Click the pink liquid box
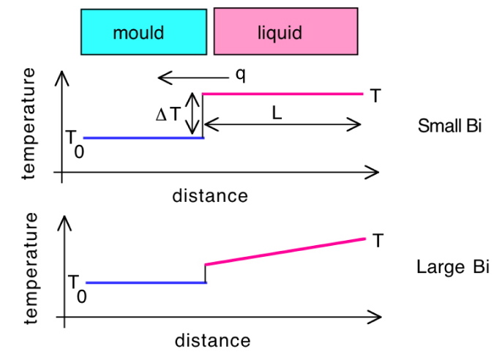(285, 32)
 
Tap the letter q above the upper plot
(240, 75)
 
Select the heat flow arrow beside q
(190, 76)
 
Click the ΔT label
(168, 114)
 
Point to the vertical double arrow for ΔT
(192, 114)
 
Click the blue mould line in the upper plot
(143, 138)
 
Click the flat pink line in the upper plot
(282, 94)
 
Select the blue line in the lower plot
(146, 282)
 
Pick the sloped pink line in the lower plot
(285, 251)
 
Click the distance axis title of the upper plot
(210, 196)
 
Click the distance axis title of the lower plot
(212, 341)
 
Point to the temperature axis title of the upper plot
(30, 123)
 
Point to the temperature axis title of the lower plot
(30, 268)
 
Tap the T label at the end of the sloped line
(378, 241)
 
